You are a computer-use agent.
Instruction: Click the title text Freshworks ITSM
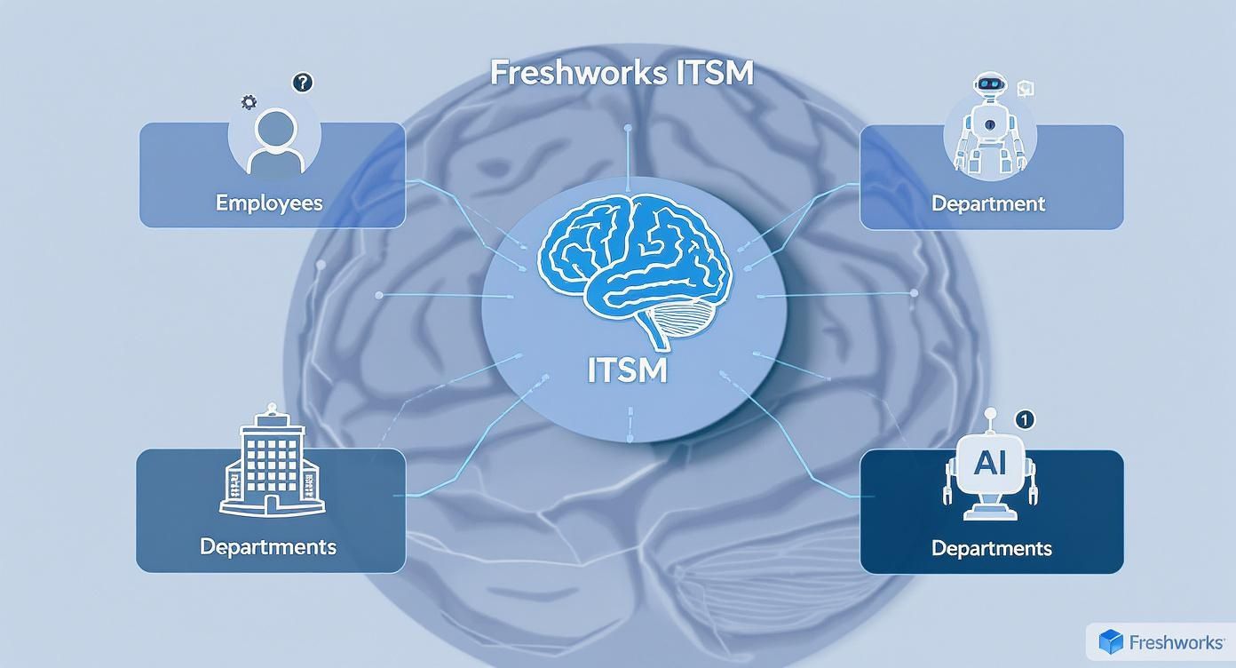(x=622, y=73)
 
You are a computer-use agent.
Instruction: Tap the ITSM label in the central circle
(x=627, y=370)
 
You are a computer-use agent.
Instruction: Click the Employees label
(x=269, y=203)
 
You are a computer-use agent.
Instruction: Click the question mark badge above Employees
(x=303, y=83)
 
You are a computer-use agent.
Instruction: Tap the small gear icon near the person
(x=250, y=103)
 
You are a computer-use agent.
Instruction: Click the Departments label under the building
(x=267, y=545)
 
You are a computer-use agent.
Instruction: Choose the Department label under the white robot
(x=987, y=203)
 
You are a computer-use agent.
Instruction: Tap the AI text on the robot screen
(x=990, y=463)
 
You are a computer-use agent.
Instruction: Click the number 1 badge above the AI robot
(x=1023, y=418)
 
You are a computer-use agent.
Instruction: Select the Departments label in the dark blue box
(x=991, y=548)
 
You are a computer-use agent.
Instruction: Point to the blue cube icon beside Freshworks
(x=1111, y=641)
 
